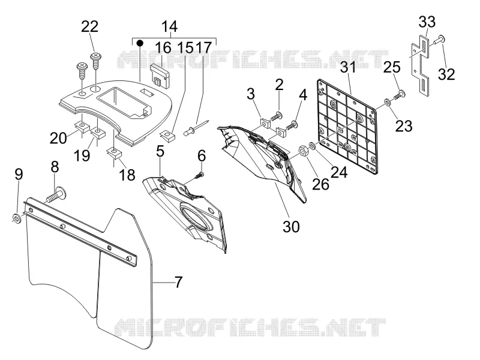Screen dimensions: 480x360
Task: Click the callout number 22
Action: tap(89, 26)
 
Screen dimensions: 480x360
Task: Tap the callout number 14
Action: tap(169, 26)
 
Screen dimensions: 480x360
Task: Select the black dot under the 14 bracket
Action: tap(140, 42)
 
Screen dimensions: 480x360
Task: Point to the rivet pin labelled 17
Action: tap(196, 128)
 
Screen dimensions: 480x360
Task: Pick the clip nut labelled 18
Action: tap(114, 153)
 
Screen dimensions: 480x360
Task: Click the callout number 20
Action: tap(58, 138)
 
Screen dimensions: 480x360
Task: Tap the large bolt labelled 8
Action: tap(57, 196)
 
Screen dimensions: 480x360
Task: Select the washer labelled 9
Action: tap(16, 218)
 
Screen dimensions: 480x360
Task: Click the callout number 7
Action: tap(178, 282)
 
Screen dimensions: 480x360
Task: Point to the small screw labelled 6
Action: tap(200, 176)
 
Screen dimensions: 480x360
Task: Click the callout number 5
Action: tap(160, 151)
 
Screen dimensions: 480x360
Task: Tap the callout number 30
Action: tap(291, 227)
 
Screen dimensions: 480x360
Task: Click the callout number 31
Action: tap(348, 67)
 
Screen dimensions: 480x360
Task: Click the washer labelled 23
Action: tap(387, 102)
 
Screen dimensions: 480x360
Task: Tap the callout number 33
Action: tap(427, 22)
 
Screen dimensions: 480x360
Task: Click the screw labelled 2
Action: tap(276, 116)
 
